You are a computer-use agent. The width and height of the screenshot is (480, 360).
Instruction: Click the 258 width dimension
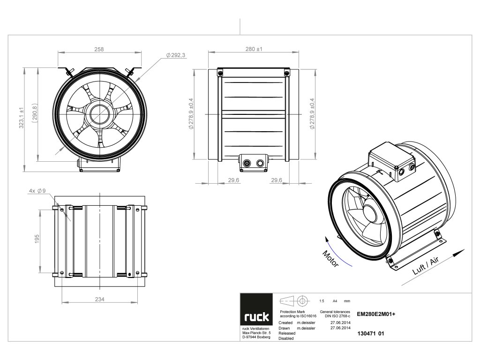[98, 49]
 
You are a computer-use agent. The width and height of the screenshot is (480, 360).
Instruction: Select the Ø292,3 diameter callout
[176, 55]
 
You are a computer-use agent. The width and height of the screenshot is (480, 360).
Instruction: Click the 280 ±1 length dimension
[254, 49]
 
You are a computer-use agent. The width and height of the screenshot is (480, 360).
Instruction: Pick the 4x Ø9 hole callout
[37, 191]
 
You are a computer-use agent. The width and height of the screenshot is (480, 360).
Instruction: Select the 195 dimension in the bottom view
[37, 239]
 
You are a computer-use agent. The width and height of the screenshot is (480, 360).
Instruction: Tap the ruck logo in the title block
[256, 317]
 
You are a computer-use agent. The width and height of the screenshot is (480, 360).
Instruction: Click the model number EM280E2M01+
[376, 315]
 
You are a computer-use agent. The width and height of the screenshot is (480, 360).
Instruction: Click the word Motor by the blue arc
[331, 258]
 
